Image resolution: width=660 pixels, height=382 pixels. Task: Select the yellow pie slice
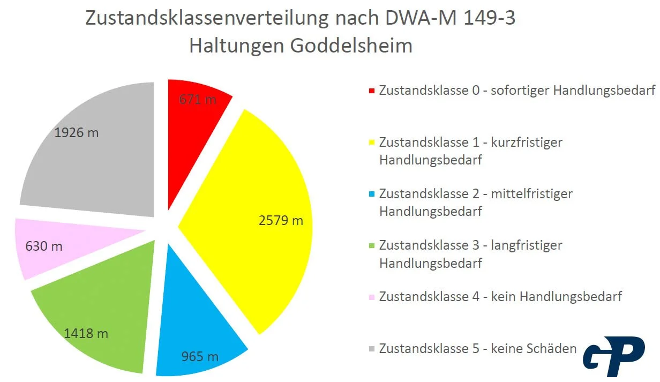[252, 214]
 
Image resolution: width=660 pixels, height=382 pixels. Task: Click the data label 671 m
[198, 99]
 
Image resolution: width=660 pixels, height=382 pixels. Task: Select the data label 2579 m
[281, 220]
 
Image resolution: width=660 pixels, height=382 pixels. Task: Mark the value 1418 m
[86, 333]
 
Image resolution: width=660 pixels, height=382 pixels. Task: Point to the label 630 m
[44, 246]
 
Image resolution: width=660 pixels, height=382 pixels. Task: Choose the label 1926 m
[77, 132]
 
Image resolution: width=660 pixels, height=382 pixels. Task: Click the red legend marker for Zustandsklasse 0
[372, 91]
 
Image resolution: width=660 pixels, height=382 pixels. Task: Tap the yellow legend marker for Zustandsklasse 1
[372, 143]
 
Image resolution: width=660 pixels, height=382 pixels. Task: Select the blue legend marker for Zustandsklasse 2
[372, 194]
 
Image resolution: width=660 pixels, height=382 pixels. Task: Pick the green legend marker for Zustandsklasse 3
[372, 245]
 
